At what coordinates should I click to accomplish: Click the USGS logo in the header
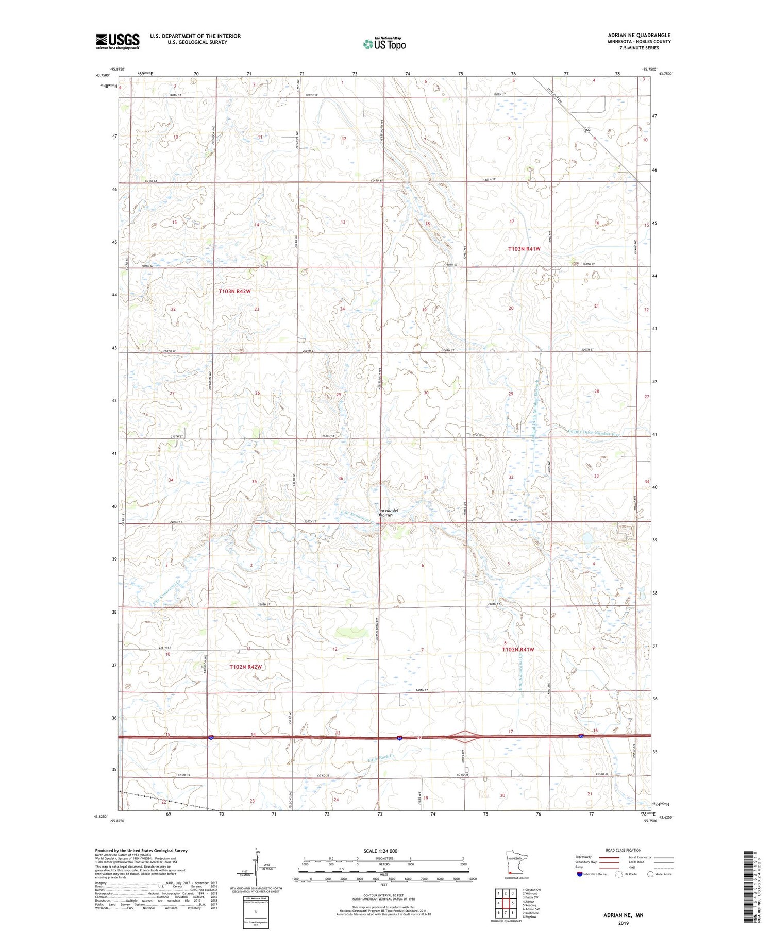pyautogui.click(x=117, y=41)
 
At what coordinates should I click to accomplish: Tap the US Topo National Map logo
pyautogui.click(x=384, y=44)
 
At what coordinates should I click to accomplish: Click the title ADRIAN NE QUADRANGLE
pyautogui.click(x=639, y=36)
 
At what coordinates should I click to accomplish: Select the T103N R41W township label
pyautogui.click(x=524, y=249)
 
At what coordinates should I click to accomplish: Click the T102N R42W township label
pyautogui.click(x=245, y=667)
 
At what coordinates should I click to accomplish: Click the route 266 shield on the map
pyautogui.click(x=586, y=131)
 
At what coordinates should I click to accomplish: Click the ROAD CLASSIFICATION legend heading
pyautogui.click(x=624, y=850)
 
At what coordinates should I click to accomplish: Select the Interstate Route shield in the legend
pyautogui.click(x=580, y=874)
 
